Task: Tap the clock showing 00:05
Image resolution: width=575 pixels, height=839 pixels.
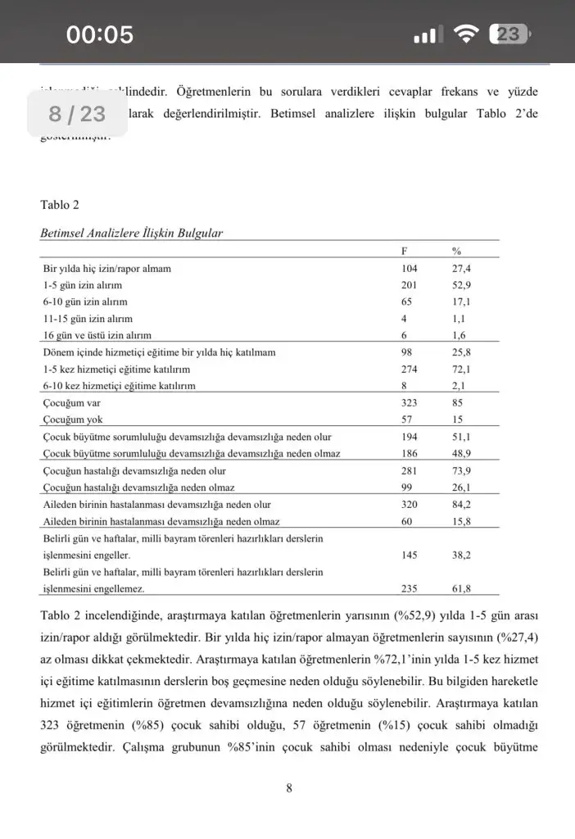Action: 100,34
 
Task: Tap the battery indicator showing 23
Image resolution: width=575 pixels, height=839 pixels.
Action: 510,34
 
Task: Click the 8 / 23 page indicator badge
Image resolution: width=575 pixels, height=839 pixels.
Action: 77,114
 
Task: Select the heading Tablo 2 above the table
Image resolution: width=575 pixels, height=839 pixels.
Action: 61,205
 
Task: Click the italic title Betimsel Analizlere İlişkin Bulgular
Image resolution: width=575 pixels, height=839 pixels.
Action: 131,234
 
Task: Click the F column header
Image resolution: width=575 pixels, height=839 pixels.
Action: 405,252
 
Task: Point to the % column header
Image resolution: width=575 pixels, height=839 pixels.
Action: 457,252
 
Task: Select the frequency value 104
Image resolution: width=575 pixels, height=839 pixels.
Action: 410,269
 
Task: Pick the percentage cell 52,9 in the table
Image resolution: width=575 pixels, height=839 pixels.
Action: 462,285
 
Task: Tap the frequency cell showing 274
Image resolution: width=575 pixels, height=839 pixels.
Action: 410,370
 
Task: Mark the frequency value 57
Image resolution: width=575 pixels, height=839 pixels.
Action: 407,420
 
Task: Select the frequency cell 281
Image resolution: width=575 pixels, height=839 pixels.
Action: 410,471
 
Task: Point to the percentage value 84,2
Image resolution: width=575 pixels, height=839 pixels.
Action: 462,505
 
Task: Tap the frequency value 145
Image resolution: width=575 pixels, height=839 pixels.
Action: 410,556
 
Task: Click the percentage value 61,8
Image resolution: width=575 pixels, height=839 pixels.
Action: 462,588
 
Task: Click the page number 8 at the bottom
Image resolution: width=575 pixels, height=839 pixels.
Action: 289,788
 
